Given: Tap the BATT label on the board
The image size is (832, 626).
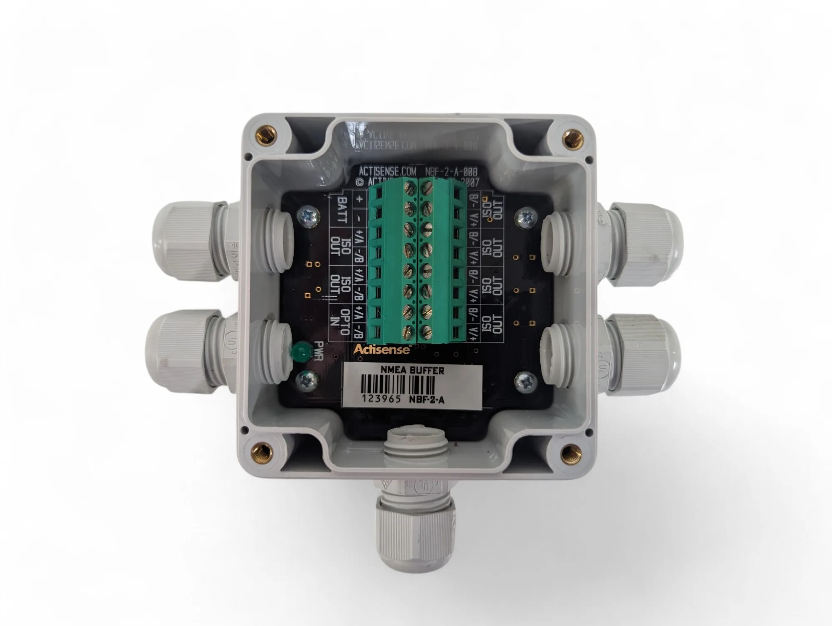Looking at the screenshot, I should tap(342, 210).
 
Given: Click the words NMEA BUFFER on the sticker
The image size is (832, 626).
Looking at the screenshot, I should tap(412, 370).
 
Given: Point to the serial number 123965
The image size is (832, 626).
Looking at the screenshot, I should tap(381, 399).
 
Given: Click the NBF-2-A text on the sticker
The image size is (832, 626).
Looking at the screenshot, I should tap(427, 400).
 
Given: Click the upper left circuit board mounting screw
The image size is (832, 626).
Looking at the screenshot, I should tap(309, 217).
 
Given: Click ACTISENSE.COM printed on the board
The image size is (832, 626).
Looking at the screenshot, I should tap(387, 171).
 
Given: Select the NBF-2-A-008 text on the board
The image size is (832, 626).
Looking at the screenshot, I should tap(451, 171).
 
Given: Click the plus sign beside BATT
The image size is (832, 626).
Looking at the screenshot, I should tap(359, 199).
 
